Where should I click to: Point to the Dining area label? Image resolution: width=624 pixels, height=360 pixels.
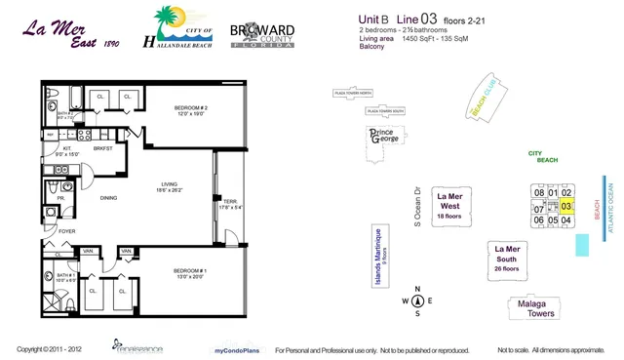tap(109, 199)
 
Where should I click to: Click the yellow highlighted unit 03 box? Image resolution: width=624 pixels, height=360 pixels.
tap(565, 207)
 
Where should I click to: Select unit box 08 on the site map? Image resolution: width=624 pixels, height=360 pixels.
tap(537, 193)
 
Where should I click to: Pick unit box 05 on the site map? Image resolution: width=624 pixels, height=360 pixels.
tap(552, 220)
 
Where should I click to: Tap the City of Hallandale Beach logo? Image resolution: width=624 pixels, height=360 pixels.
tap(182, 29)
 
